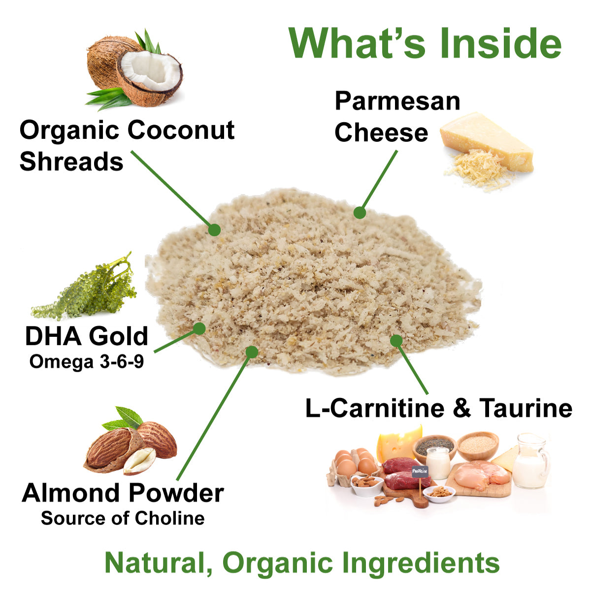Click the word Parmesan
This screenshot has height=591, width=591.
397,101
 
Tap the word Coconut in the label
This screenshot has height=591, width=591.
181,131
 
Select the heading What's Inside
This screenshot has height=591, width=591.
425,43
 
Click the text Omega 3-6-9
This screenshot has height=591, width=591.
87,362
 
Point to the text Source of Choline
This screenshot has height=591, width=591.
123,519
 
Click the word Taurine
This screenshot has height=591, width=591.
525,408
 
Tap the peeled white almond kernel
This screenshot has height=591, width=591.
139,460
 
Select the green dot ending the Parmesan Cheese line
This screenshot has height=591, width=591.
360,212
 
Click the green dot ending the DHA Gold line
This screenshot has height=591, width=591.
199,328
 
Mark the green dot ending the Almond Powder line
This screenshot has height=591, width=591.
252,352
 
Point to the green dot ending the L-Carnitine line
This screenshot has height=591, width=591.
396,340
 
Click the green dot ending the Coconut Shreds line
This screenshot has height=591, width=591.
214,230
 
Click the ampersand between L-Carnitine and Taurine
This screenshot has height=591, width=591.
461,408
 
